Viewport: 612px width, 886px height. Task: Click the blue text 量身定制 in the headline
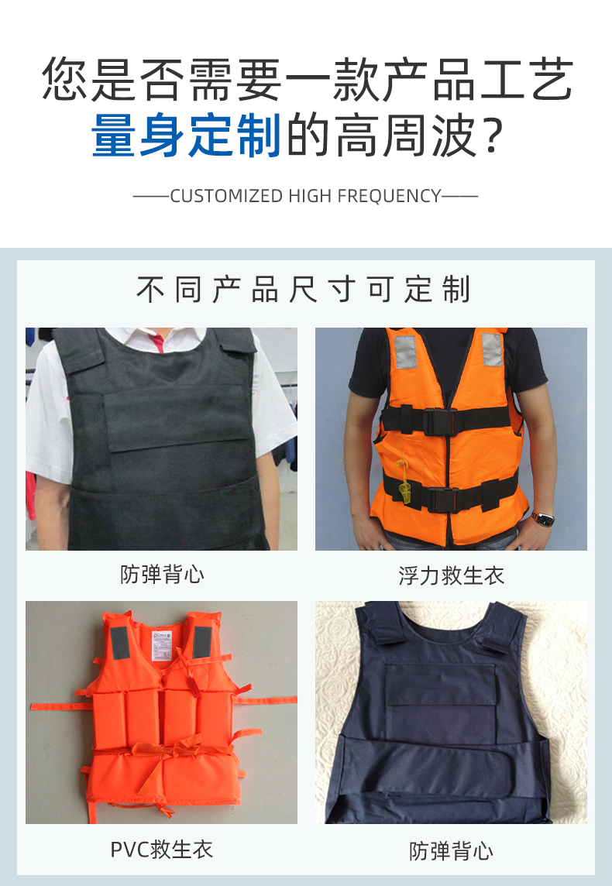coord(186,135)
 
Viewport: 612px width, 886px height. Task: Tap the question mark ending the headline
coord(493,136)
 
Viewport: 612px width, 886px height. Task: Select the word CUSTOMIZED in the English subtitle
coord(226,196)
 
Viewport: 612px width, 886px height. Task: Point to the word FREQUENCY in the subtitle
coord(389,196)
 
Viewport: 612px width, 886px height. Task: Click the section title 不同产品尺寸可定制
coord(304,290)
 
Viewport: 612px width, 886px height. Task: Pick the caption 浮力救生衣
coord(451,575)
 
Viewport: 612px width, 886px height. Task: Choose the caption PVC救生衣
coord(162,850)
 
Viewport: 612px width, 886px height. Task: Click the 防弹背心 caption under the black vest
coord(162,575)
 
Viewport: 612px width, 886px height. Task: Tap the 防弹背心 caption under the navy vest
coord(451,851)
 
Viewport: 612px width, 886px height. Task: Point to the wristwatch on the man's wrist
coord(542,517)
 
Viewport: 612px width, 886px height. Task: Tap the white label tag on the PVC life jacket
coord(162,647)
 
